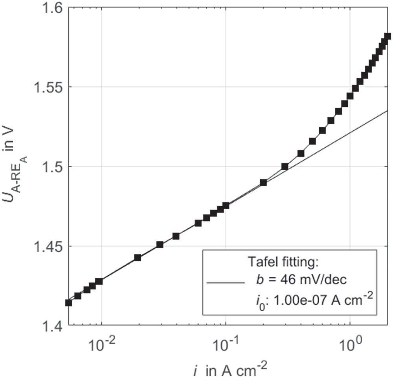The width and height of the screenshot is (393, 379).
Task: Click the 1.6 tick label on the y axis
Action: [x=53, y=8]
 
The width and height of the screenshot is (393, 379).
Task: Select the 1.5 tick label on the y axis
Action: [x=53, y=167]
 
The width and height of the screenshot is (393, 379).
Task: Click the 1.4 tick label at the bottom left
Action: [x=53, y=326]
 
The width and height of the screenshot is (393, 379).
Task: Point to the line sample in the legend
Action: [x=224, y=282]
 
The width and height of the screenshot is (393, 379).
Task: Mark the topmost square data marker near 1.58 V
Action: [x=387, y=37]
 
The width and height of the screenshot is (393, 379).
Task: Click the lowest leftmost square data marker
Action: [x=68, y=302]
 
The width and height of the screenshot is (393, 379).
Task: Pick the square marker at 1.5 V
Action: [x=285, y=167]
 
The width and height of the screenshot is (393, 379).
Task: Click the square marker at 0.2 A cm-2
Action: [x=263, y=183]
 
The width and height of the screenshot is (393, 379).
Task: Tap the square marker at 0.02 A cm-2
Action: [x=138, y=258]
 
